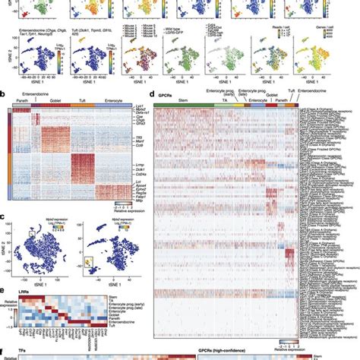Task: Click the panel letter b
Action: coord(4,99)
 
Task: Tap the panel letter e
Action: coord(4,289)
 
